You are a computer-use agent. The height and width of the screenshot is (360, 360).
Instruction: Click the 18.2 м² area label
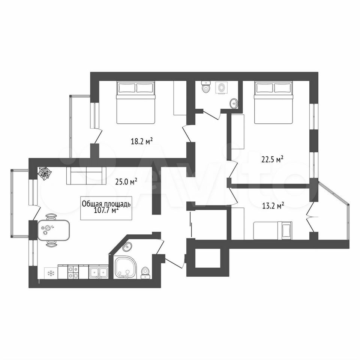coord(142,141)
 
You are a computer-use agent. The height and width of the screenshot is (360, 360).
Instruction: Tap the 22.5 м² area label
coord(273,159)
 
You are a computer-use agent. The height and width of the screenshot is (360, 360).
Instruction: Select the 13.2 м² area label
coord(273,205)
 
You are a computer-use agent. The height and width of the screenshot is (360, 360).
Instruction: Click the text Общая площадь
coord(106,204)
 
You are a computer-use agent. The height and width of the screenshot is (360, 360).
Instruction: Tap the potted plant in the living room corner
coord(45,173)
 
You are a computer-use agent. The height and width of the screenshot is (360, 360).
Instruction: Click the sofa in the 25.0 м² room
coord(86,175)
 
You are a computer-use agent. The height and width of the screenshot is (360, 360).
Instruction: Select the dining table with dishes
coord(54,230)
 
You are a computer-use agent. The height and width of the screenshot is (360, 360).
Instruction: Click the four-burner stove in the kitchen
coord(73,272)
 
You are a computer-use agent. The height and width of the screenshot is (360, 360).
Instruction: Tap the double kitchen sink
coord(99,273)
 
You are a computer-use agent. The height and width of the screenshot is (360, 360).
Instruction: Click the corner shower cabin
coord(125,268)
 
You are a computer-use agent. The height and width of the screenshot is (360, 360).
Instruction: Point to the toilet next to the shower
coord(145,273)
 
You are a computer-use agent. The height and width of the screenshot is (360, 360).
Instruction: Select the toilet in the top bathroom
coord(205,87)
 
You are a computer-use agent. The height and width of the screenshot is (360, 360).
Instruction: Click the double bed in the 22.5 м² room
coord(274,103)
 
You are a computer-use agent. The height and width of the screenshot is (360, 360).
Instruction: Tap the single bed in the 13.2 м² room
coord(273,231)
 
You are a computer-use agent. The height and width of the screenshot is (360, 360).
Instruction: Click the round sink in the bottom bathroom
coord(127,247)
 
